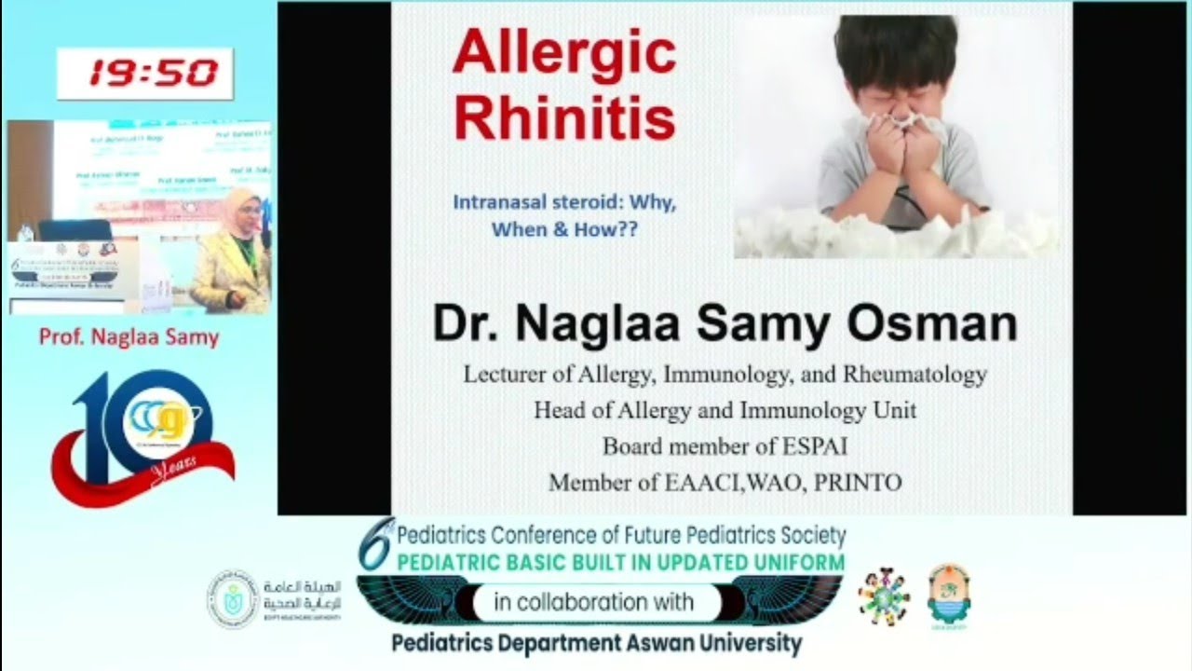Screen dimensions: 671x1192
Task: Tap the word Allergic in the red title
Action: click(x=564, y=54)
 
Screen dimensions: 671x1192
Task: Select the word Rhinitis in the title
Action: click(x=564, y=118)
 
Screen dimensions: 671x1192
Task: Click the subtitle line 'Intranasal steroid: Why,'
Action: click(x=564, y=202)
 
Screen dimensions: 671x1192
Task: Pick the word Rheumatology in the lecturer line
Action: click(x=914, y=375)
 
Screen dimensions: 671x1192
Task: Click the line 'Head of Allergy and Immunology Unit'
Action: click(x=725, y=410)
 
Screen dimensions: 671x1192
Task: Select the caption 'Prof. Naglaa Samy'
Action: click(x=129, y=337)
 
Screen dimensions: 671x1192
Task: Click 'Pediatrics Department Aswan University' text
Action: click(x=596, y=643)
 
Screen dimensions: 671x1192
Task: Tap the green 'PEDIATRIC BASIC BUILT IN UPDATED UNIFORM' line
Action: click(x=620, y=562)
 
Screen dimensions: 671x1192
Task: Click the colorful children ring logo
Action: click(x=883, y=596)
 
